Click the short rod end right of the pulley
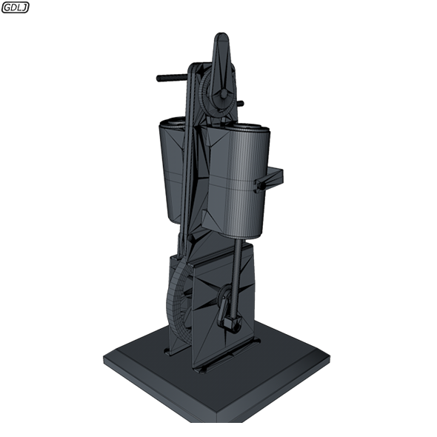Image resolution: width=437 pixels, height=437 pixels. pyautogui.click(x=239, y=103)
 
